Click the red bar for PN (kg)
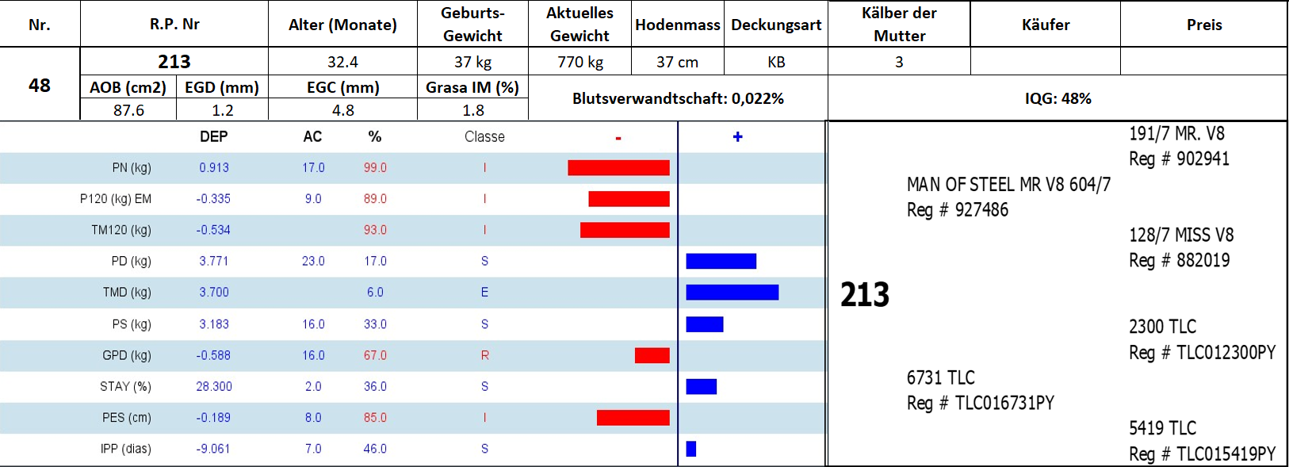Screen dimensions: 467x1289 [x=618, y=167]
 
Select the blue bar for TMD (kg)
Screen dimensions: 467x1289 [x=732, y=293]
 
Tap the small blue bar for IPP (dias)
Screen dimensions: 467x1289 [x=691, y=449]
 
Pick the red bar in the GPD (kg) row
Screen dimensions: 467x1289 [x=652, y=355]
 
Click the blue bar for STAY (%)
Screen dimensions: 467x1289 [x=701, y=386]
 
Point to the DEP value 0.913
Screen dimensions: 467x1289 [x=214, y=168]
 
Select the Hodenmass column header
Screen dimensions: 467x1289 [x=678, y=25]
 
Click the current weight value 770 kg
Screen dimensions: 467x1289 [x=580, y=62]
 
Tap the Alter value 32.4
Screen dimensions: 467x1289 [x=342, y=62]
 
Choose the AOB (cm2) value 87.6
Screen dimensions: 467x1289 [x=128, y=110]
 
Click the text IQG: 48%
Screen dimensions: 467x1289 [x=1058, y=98]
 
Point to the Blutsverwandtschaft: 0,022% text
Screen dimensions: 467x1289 [x=678, y=98]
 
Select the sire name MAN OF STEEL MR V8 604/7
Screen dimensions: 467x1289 [x=1008, y=185]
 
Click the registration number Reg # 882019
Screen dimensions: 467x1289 [x=1179, y=260]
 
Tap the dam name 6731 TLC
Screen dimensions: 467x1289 [x=940, y=377]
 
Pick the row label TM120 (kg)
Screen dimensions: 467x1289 [x=120, y=230]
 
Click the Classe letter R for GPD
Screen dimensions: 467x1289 [x=484, y=355]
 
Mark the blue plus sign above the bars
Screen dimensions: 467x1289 [x=737, y=136]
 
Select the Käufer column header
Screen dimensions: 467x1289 [x=1046, y=25]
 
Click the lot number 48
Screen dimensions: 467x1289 [x=40, y=85]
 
